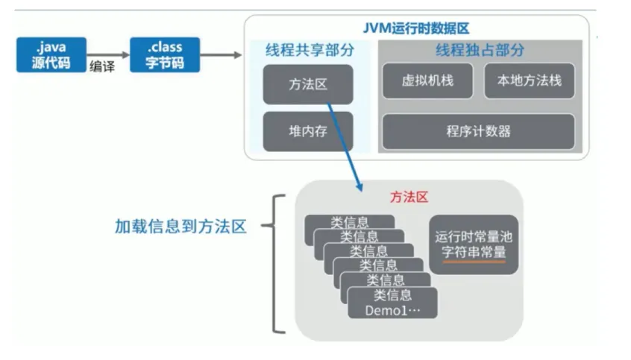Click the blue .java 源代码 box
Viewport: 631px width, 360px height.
50,54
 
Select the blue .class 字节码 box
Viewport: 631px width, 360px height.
163,54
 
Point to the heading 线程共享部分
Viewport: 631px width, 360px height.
309,51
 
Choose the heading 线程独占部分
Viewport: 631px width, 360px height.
480,51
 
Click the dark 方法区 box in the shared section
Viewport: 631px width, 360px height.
308,83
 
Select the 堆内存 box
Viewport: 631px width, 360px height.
308,131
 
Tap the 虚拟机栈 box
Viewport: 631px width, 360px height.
427,80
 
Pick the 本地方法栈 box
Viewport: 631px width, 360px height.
530,80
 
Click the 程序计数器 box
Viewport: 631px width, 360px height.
478,131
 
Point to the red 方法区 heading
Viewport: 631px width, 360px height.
409,198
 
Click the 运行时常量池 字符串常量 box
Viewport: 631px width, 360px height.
474,244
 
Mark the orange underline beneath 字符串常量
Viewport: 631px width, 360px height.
474,262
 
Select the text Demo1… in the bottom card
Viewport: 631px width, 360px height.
392,310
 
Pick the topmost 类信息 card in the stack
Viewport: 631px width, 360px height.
350,221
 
